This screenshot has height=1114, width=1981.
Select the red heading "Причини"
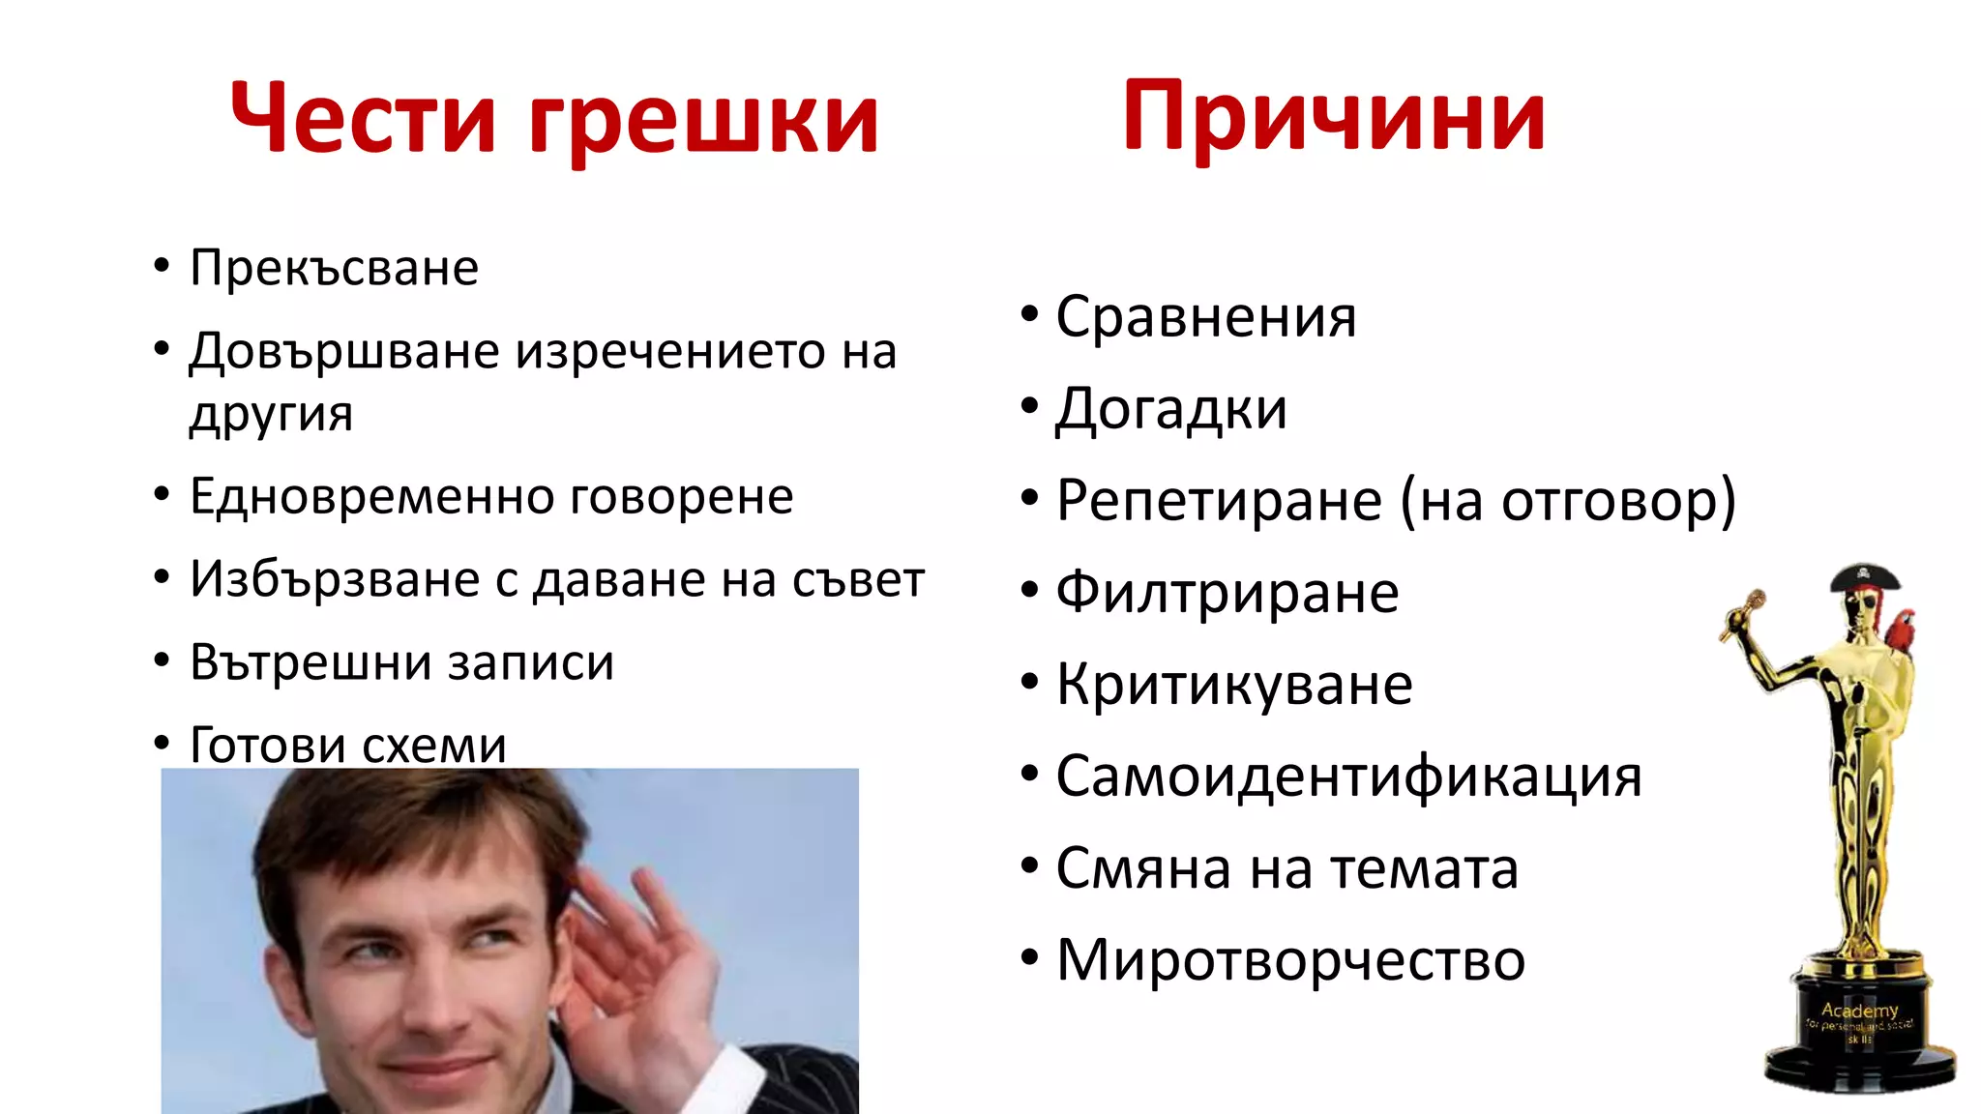point(1333,118)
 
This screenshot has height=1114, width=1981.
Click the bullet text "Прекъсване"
point(334,268)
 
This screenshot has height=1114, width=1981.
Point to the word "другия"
point(271,415)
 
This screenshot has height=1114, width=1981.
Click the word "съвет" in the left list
point(858,580)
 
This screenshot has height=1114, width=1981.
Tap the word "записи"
point(530,663)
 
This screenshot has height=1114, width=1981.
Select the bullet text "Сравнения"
point(1205,317)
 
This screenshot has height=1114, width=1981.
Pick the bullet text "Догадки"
point(1170,409)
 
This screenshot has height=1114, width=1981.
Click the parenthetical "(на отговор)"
point(1568,501)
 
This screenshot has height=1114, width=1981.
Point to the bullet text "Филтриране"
point(1227,593)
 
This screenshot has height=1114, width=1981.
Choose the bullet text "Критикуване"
point(1233,685)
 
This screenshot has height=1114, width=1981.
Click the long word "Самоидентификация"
point(1348,777)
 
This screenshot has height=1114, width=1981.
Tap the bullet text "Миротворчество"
point(1290,960)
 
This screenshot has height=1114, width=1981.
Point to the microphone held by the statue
point(1744,613)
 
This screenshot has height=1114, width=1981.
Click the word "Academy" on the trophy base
point(1858,1010)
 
